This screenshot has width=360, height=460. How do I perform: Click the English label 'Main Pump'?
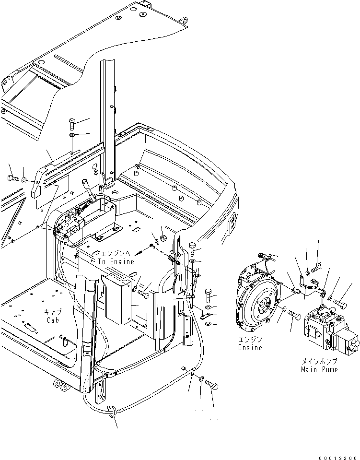(320, 369)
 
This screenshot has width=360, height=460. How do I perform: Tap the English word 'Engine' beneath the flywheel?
(250, 347)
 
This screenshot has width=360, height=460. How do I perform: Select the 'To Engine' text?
(116, 262)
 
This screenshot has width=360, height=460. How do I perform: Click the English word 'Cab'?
(53, 320)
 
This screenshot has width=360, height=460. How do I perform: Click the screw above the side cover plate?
(71, 124)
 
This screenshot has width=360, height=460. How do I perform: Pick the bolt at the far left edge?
(12, 178)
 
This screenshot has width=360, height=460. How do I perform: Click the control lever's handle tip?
(85, 182)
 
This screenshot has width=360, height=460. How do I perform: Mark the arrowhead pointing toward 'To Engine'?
(138, 253)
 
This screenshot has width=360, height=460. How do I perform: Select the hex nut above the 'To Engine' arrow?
(163, 238)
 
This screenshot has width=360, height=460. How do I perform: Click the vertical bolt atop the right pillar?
(192, 248)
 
